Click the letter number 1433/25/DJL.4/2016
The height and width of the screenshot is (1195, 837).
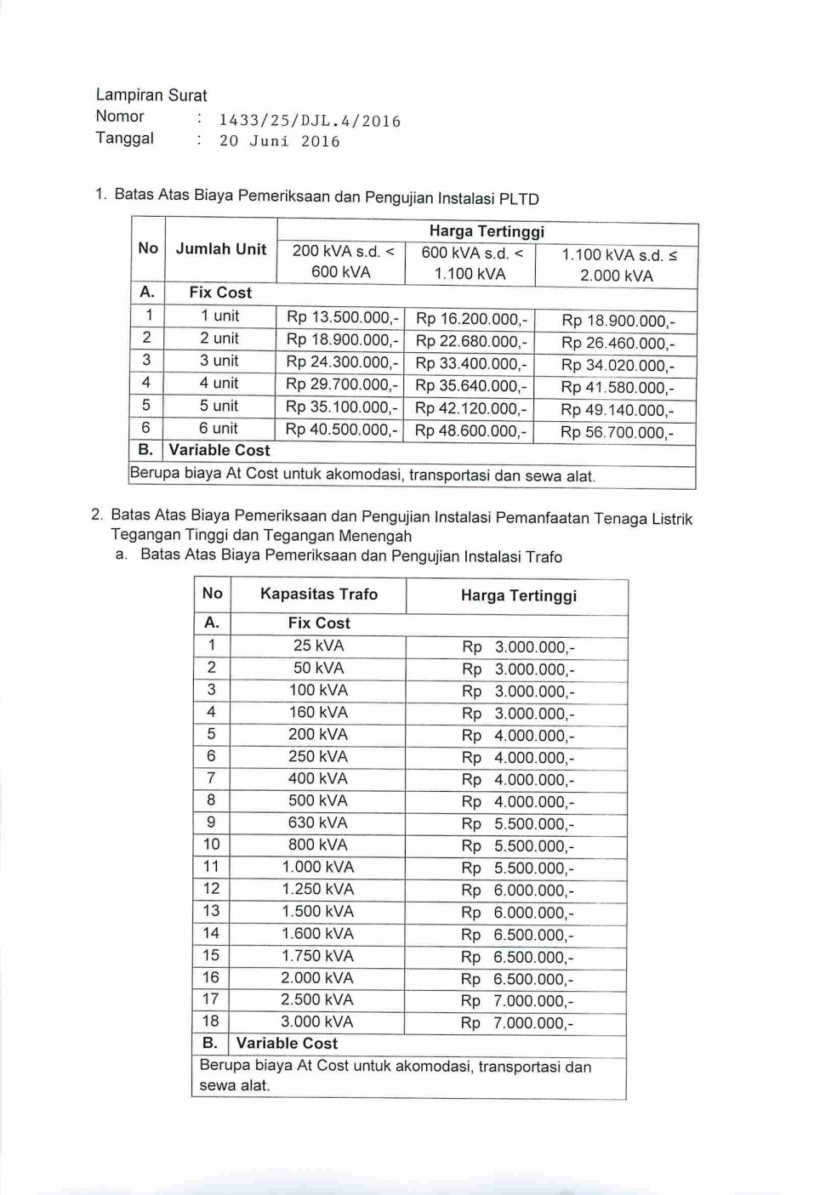[310, 121]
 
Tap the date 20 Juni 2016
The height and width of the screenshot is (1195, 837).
[279, 141]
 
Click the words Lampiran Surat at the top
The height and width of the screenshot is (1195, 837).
[151, 95]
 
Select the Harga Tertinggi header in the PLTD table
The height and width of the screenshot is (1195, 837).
[487, 231]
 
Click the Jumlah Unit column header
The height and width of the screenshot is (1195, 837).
[221, 249]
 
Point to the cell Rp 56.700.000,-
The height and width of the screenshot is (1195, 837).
[617, 432]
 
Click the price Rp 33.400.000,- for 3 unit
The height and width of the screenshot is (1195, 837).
[471, 363]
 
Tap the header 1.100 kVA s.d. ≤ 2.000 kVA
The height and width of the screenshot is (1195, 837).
[617, 265]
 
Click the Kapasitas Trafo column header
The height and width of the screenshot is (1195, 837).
[319, 595]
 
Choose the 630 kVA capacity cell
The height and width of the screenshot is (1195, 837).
[318, 822]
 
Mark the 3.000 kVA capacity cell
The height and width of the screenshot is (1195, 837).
[317, 1021]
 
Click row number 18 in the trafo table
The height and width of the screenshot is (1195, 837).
[211, 1021]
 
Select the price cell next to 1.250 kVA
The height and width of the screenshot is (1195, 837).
[517, 890]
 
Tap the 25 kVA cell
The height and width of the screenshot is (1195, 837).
[318, 646]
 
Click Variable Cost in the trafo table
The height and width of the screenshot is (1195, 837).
[287, 1044]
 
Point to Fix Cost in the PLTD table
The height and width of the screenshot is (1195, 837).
[220, 293]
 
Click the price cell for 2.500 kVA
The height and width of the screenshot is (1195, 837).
[517, 1001]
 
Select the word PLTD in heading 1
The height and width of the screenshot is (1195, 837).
[520, 199]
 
